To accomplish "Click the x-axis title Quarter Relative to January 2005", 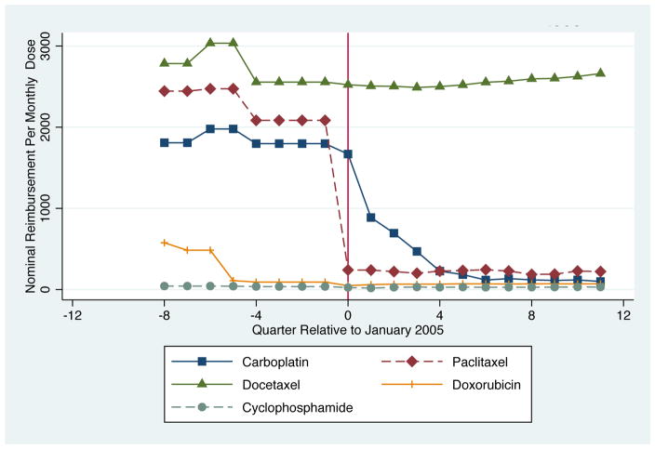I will coord(347,330).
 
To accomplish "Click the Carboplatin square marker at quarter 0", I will coord(348,153).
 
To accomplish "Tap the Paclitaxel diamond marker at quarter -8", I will coord(164,91).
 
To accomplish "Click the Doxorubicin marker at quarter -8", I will coord(164,242).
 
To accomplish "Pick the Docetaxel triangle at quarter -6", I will coord(210,42).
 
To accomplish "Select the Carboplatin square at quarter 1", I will coord(371,218).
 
